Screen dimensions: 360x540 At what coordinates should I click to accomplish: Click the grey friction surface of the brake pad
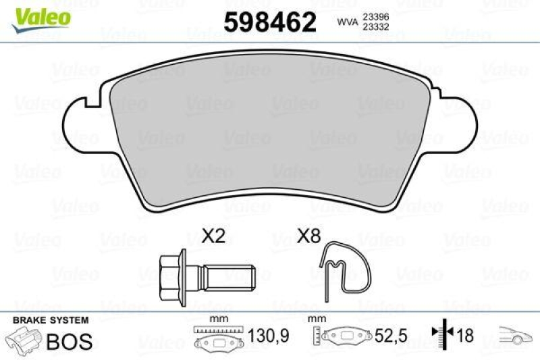point(270,135)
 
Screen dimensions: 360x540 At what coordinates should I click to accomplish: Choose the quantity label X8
point(308,236)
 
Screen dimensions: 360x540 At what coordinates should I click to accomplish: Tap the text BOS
point(69,341)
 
